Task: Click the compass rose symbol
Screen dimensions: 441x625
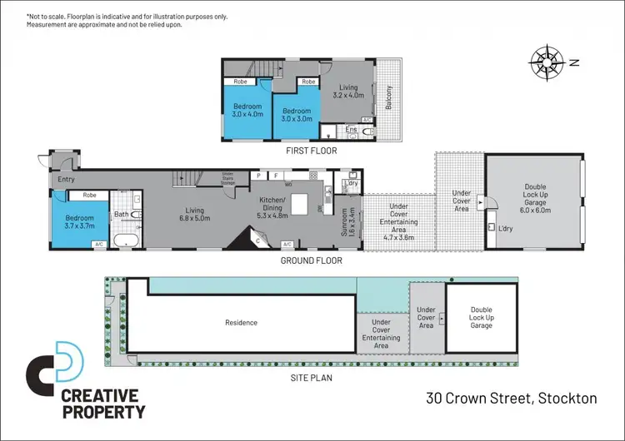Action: pyautogui.click(x=547, y=62)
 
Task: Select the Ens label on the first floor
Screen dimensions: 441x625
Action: pyautogui.click(x=351, y=130)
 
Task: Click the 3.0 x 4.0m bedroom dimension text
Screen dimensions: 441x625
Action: pyautogui.click(x=247, y=115)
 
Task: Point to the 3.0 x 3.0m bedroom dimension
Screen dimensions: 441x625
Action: pyautogui.click(x=297, y=119)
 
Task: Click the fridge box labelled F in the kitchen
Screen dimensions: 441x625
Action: pyautogui.click(x=275, y=176)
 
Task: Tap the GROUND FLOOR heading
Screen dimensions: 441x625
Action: pyautogui.click(x=311, y=260)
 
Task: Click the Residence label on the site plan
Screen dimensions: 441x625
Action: pyautogui.click(x=241, y=322)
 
